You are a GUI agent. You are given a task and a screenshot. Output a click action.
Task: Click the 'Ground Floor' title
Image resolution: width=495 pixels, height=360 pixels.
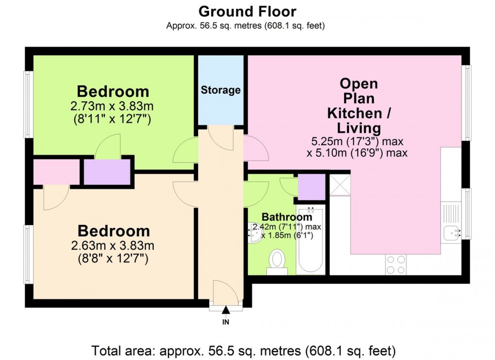(247, 11)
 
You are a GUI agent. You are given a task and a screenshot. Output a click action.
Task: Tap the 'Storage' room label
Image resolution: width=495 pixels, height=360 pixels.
(221, 90)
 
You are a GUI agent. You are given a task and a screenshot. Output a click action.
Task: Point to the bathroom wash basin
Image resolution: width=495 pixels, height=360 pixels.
(254, 233)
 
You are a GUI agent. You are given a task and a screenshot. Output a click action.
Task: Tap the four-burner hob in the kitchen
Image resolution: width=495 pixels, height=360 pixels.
(396, 265)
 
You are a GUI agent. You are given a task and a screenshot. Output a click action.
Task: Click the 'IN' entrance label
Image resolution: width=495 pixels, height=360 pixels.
(226, 322)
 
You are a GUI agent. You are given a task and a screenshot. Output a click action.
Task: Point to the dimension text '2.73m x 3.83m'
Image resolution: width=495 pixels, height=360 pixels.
(113, 106)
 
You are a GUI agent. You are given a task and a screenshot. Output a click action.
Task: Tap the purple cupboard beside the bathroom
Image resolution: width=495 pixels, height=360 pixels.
(311, 187)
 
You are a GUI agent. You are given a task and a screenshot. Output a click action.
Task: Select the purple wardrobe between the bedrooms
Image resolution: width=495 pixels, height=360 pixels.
(107, 172)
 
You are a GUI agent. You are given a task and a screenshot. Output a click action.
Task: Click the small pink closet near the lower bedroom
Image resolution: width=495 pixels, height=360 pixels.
(56, 172)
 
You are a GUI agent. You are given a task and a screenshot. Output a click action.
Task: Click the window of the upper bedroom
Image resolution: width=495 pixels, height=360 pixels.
(28, 104)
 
